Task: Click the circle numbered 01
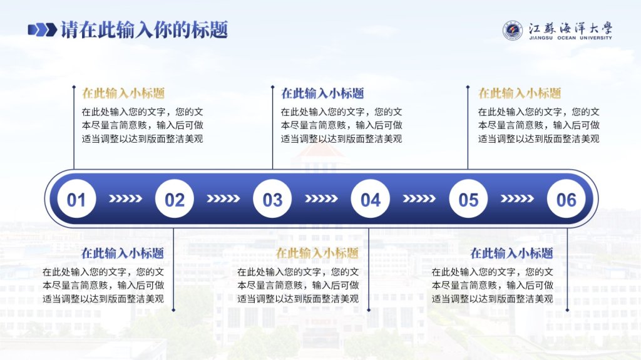(76, 199)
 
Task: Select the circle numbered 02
(175, 199)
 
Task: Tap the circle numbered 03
(272, 199)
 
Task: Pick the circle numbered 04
(371, 199)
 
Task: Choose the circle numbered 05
(468, 199)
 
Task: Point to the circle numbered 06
(566, 199)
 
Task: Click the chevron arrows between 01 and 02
(125, 199)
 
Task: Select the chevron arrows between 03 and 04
(321, 199)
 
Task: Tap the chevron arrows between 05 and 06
(517, 199)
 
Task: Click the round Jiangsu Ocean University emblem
(513, 31)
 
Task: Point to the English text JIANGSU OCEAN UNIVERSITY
(571, 38)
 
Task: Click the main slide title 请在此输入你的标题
(145, 30)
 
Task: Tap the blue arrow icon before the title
(42, 30)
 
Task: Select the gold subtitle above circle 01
(123, 93)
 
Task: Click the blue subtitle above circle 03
(322, 93)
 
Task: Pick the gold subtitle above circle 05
(520, 93)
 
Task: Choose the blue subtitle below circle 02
(123, 253)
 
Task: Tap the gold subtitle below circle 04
(317, 253)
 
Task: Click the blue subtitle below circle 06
(512, 253)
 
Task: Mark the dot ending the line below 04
(369, 310)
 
